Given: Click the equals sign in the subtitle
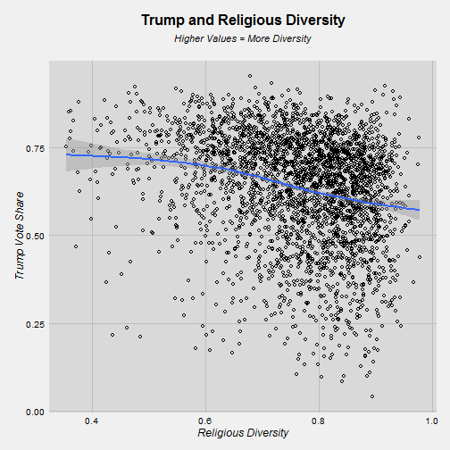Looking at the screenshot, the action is point(242,39).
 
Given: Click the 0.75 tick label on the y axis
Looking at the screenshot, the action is point(35,148).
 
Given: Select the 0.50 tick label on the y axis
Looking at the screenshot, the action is point(35,236).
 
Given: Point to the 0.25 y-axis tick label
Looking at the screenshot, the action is point(35,324).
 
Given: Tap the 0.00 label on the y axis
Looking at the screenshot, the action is point(35,412).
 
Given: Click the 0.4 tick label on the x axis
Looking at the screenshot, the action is point(91,421).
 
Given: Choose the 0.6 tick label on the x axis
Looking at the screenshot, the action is point(204,421).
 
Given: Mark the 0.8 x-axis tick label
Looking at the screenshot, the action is point(318,421).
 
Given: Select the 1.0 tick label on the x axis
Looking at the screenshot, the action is point(431,421).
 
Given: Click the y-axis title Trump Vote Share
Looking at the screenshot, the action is point(20,236).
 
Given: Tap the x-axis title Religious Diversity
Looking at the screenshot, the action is point(243,433).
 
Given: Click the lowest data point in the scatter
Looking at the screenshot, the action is point(372,396).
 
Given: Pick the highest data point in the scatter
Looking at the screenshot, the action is point(250,76).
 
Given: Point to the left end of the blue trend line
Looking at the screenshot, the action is point(66,154).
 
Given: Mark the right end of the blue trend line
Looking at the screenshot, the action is point(420,210).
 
